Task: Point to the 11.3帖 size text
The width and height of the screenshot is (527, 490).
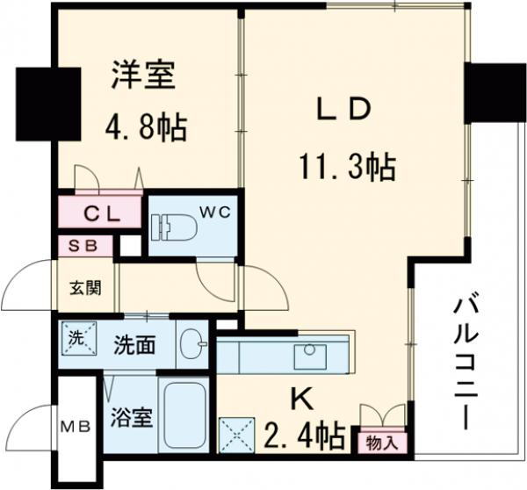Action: point(347,164)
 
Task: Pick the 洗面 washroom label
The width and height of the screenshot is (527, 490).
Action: point(134,344)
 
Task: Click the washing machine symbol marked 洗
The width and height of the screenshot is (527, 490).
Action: point(76,336)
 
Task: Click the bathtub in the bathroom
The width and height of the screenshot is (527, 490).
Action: point(184,414)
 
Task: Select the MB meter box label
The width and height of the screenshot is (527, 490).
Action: point(74,428)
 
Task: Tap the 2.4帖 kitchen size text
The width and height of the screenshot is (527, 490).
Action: point(306,434)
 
